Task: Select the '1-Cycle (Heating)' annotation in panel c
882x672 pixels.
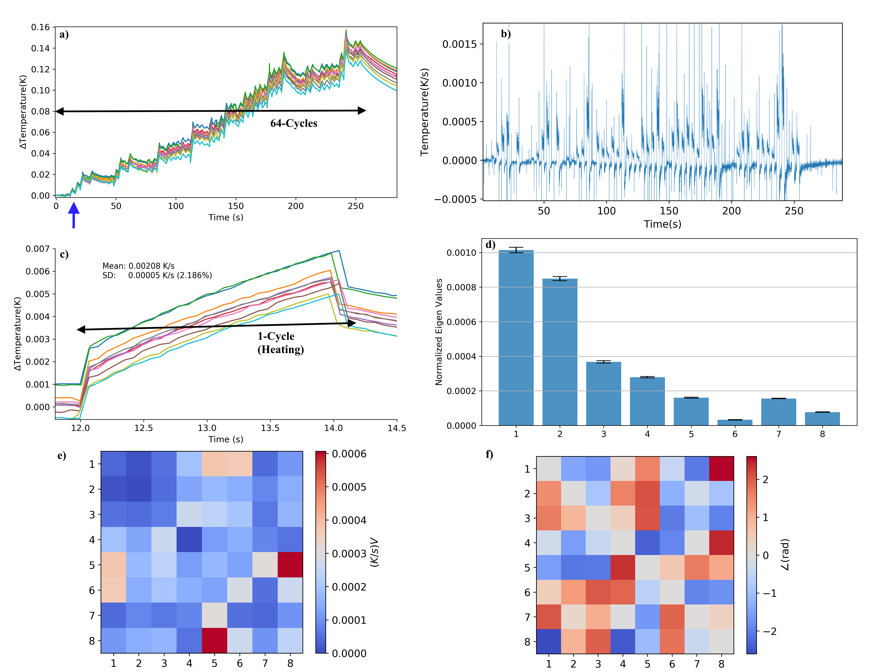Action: (x=280, y=343)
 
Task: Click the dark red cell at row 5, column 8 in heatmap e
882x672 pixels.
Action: (x=290, y=565)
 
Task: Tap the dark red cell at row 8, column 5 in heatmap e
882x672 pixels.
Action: (x=214, y=640)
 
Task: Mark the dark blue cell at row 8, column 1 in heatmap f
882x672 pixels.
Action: (x=548, y=641)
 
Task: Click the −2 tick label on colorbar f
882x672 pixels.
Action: (x=769, y=631)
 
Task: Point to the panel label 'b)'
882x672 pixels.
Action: (x=506, y=34)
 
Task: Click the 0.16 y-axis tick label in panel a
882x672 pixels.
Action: (x=40, y=27)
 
